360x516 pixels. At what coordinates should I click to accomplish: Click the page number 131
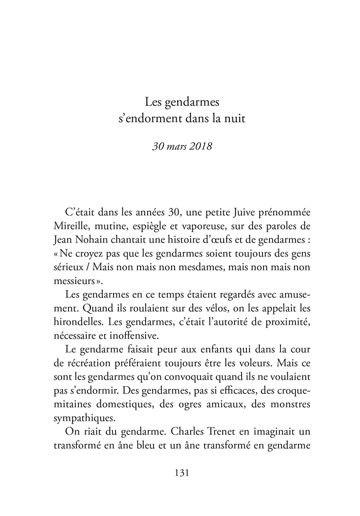(x=180, y=473)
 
